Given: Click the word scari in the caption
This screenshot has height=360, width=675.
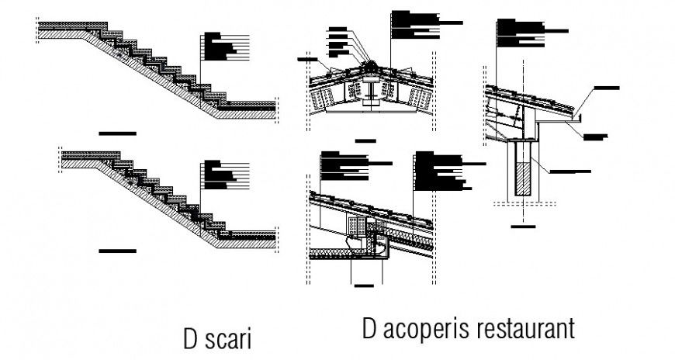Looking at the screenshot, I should [229, 341].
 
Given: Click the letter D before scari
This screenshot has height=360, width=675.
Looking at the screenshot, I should [190, 341].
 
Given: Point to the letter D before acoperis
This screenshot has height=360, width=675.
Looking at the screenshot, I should [369, 328].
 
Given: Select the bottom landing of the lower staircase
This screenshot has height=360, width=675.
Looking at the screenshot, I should [252, 237].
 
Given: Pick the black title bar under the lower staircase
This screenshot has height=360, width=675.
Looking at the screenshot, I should [117, 251].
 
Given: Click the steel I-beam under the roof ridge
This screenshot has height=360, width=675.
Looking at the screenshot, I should [372, 94].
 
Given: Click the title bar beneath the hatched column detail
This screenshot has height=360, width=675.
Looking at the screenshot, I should [524, 226].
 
